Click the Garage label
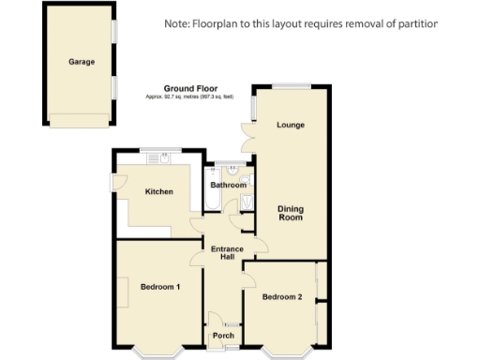tap(82, 64)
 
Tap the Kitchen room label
tap(158, 192)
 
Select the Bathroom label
tap(228, 186)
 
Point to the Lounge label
tap(290, 125)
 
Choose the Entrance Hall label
tap(227, 253)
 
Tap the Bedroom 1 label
tap(159, 286)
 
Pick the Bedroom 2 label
tap(282, 297)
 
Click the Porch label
tap(223, 336)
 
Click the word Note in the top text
tap(175, 22)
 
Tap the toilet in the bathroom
tap(246, 180)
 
